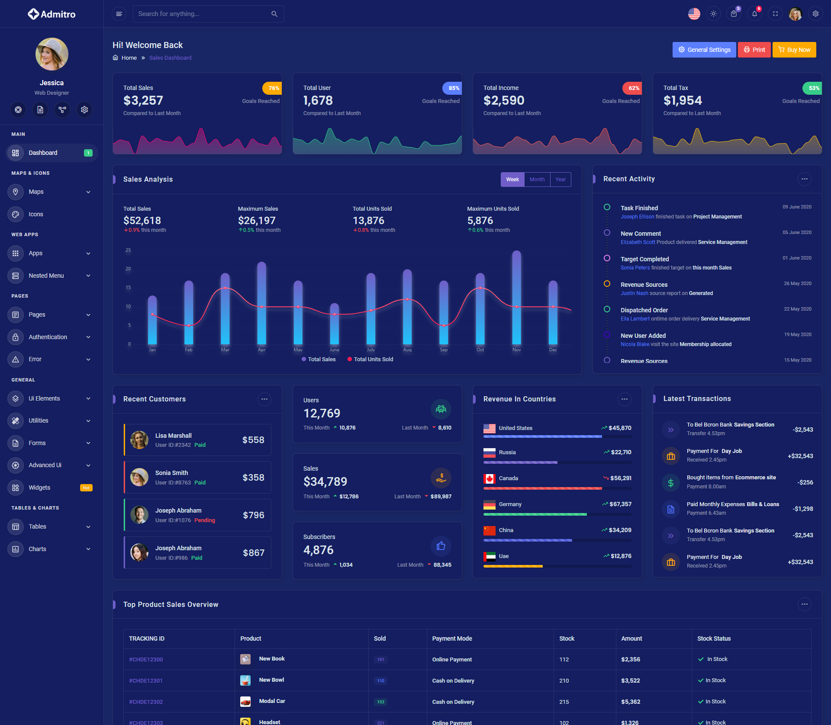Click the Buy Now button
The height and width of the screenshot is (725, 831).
coord(794,50)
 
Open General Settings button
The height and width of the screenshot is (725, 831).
coord(704,50)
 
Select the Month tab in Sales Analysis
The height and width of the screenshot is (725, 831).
coord(537,180)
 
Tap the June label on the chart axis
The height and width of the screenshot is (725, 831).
coord(335,350)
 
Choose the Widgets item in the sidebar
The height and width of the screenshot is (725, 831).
coord(39,488)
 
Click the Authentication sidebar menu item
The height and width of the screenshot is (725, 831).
coord(48,337)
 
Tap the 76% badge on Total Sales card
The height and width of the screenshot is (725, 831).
coord(273,88)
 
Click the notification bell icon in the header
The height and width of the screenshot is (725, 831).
coord(754,14)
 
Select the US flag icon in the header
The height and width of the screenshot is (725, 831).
coord(694,14)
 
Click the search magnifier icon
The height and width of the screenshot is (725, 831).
coord(274,14)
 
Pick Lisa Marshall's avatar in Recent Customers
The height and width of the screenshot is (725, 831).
coord(139,440)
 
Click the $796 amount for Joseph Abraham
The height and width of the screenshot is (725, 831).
coord(253,515)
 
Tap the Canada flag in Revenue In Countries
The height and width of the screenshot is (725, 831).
coord(490,478)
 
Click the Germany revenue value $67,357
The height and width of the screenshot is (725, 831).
coord(620,504)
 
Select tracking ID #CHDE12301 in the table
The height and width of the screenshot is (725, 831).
coord(146,681)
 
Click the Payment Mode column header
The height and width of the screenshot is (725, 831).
coord(452,638)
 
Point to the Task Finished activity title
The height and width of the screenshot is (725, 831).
coord(639,208)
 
